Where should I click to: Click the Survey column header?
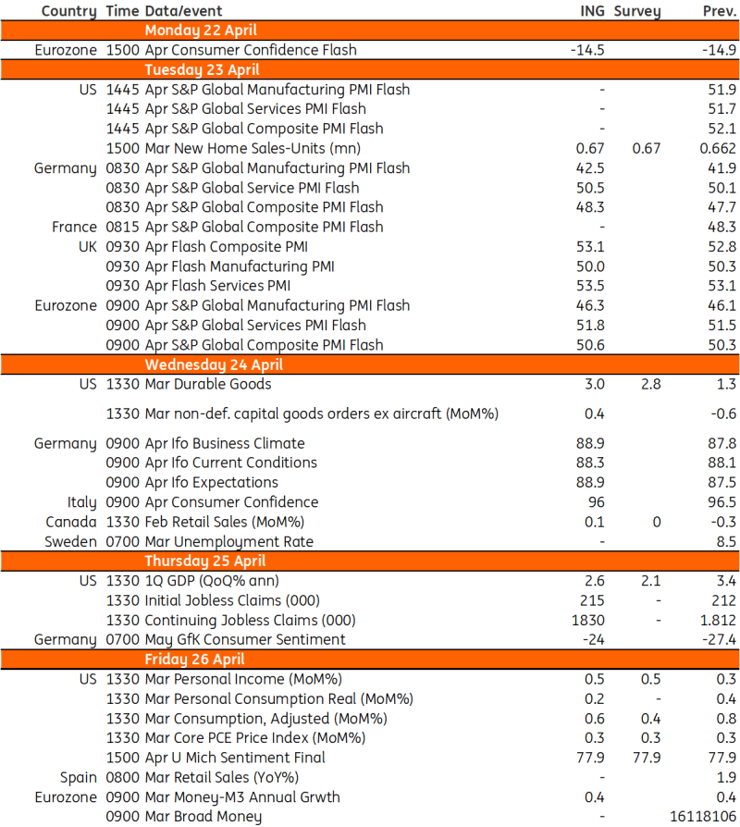click(x=637, y=11)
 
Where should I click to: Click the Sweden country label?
click(x=70, y=541)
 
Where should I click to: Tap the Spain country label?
click(x=78, y=777)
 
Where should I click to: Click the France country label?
click(x=74, y=227)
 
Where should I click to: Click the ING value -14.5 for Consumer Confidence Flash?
click(x=587, y=50)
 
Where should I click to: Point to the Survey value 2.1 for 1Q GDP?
click(x=651, y=581)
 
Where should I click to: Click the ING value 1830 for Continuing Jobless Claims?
click(x=590, y=620)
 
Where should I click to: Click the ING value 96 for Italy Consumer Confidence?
click(x=596, y=502)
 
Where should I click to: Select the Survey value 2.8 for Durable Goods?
click(x=651, y=384)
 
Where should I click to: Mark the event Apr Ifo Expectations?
click(x=212, y=482)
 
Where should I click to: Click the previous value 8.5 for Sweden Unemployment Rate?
click(x=726, y=541)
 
